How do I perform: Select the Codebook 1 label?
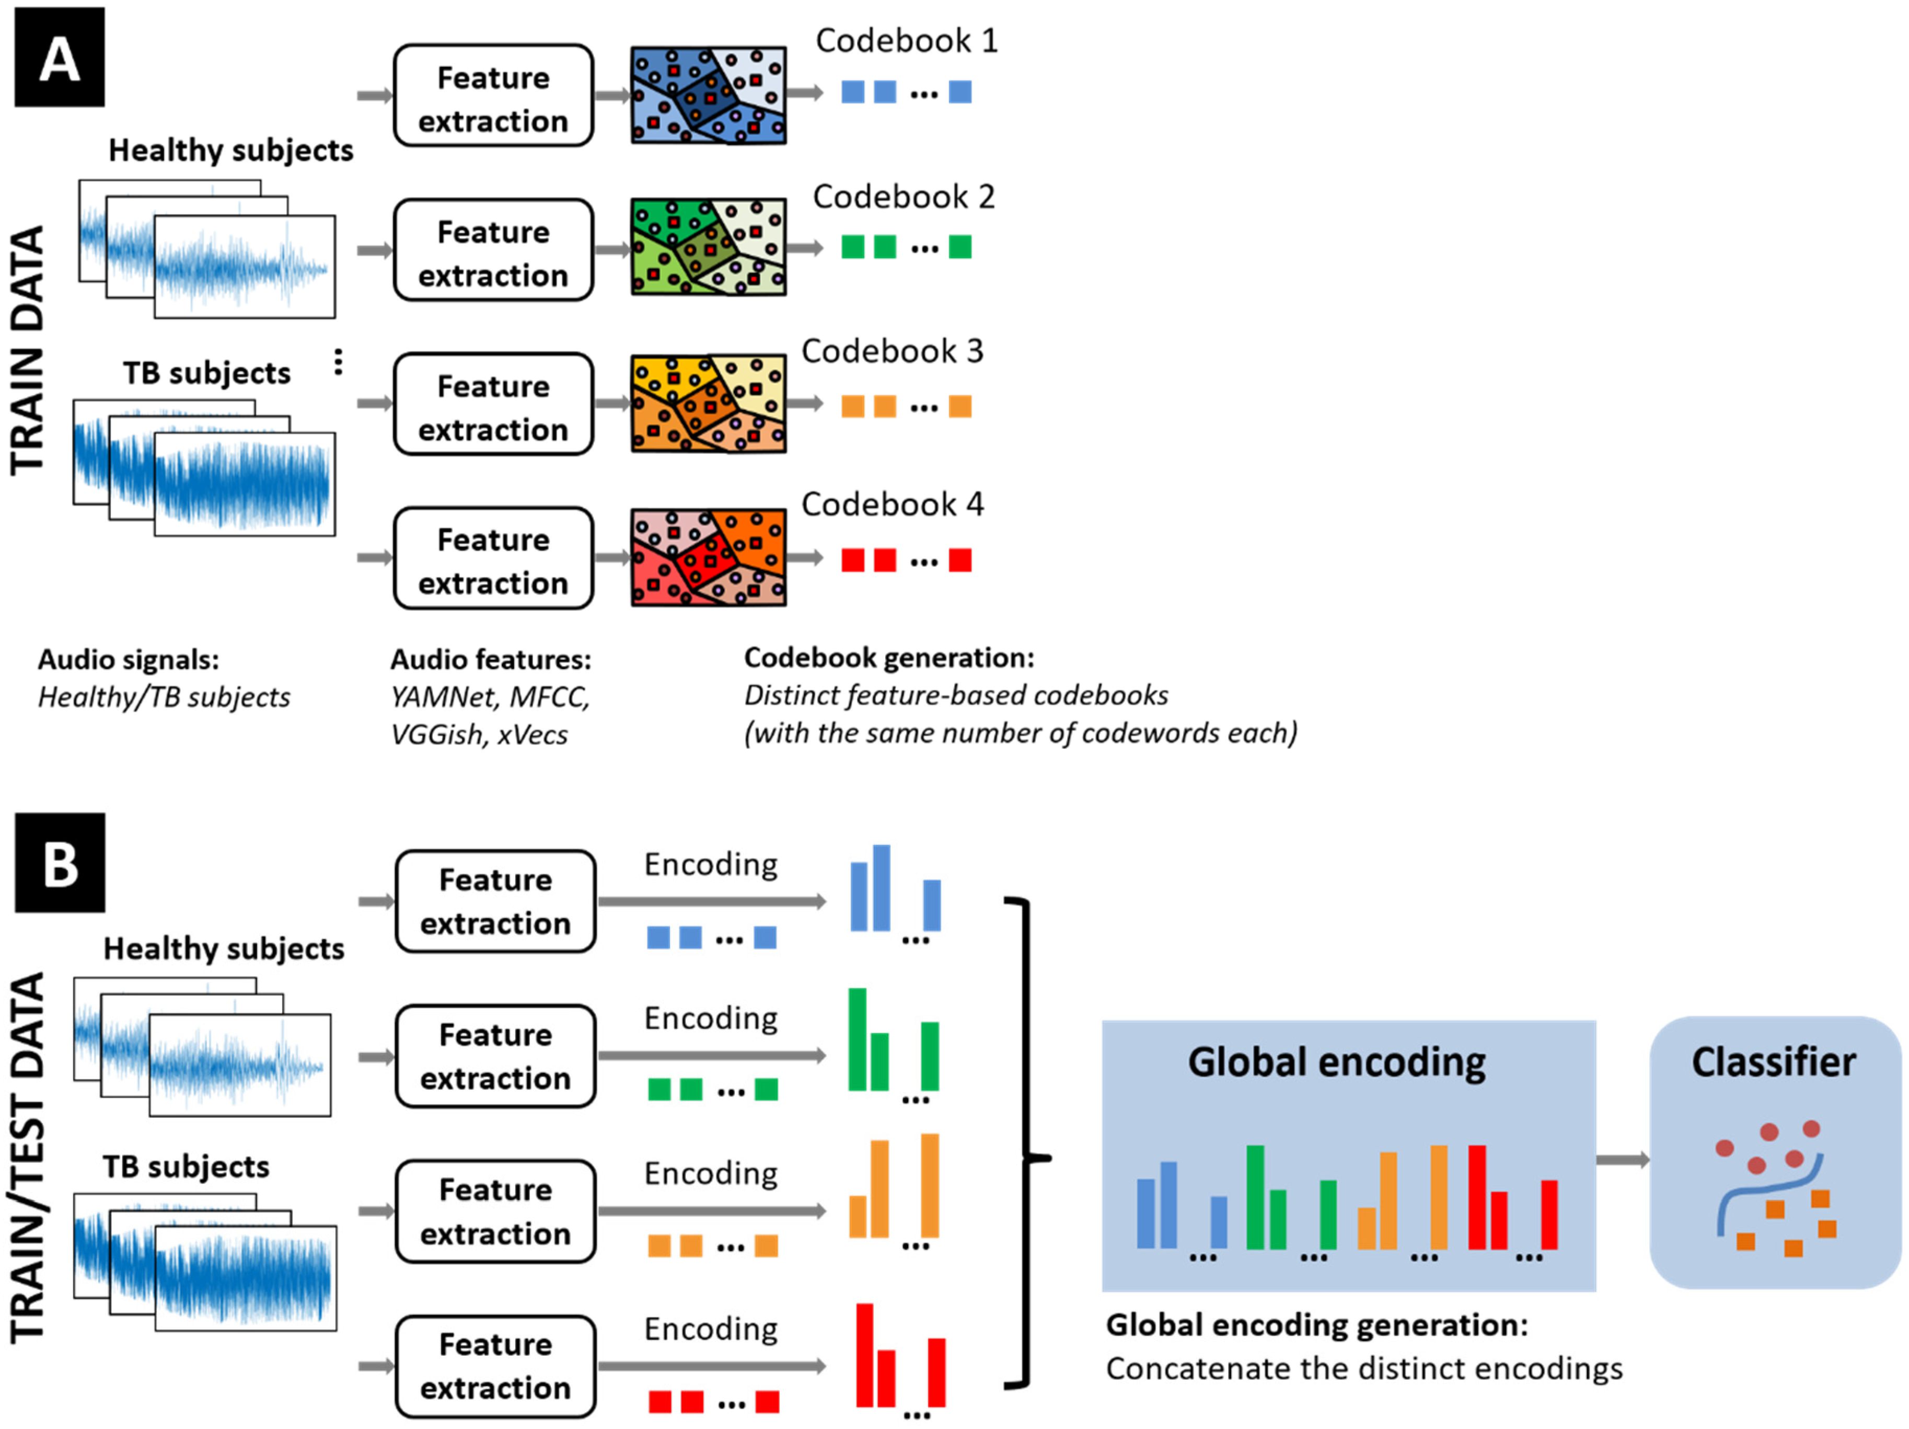click(906, 41)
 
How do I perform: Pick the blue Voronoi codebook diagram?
click(708, 95)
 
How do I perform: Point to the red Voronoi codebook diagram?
click(708, 557)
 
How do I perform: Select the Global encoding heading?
click(1336, 1062)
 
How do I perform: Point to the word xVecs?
click(533, 735)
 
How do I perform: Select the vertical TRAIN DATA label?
click(28, 350)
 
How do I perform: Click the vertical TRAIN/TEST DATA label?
click(28, 1157)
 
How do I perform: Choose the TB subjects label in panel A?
click(206, 373)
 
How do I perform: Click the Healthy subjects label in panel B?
click(224, 948)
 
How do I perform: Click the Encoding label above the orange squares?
click(710, 1173)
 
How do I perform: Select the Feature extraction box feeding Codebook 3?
click(493, 404)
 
